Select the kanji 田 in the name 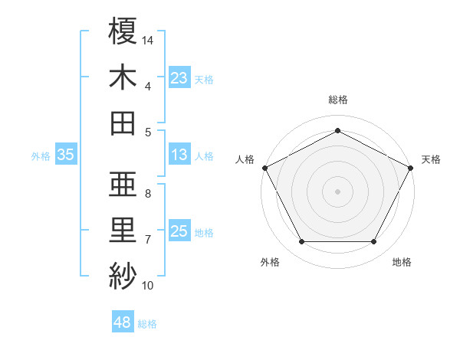(x=123, y=122)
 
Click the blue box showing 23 (x=179, y=77)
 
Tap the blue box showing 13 (x=179, y=155)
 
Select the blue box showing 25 (x=179, y=231)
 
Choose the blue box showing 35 (x=65, y=155)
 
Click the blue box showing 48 (x=122, y=322)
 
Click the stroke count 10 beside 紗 (x=148, y=286)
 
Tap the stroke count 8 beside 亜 (x=148, y=193)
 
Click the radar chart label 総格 (x=337, y=100)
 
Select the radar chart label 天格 (x=431, y=159)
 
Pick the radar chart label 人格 (x=245, y=159)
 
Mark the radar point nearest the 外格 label (x=301, y=242)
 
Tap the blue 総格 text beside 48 (x=147, y=324)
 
